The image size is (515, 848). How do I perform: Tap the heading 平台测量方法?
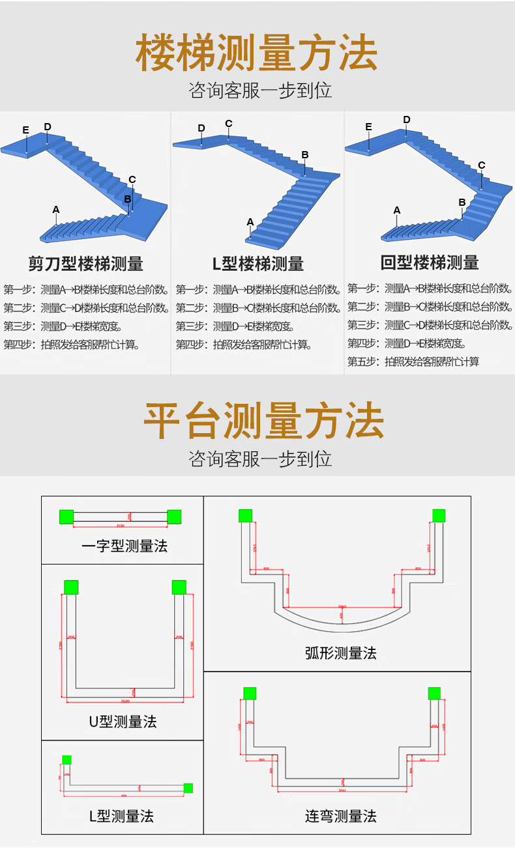pyautogui.click(x=263, y=421)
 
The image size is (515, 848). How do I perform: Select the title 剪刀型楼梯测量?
pyautogui.click(x=85, y=264)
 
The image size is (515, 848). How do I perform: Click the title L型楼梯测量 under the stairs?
pyautogui.click(x=258, y=264)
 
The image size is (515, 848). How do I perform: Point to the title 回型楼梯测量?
pyautogui.click(x=430, y=262)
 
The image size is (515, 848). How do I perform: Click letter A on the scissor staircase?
pyautogui.click(x=56, y=209)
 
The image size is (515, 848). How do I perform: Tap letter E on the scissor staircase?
pyautogui.click(x=25, y=130)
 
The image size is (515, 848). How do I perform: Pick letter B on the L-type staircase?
pyautogui.click(x=304, y=154)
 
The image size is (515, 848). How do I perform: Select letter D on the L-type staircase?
pyautogui.click(x=201, y=128)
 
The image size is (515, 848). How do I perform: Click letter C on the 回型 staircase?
pyautogui.click(x=481, y=165)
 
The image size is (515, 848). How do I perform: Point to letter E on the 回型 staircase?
pyautogui.click(x=368, y=126)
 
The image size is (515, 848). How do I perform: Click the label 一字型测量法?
pyautogui.click(x=125, y=546)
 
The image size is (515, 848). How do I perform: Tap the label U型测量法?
pyautogui.click(x=123, y=722)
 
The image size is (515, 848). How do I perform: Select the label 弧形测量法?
pyautogui.click(x=340, y=653)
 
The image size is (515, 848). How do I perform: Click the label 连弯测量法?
pyautogui.click(x=340, y=815)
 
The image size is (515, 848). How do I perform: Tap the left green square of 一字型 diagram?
pyautogui.click(x=66, y=516)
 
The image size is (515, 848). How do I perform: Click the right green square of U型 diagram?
pyautogui.click(x=179, y=587)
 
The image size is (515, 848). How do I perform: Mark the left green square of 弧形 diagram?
pyautogui.click(x=245, y=515)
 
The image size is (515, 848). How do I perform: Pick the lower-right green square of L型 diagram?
pyautogui.click(x=188, y=788)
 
